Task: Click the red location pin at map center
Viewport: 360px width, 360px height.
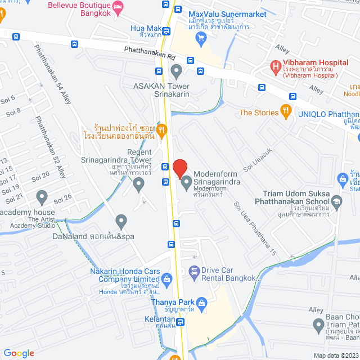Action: pyautogui.click(x=179, y=168)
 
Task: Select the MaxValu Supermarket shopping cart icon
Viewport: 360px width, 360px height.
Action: pyautogui.click(x=201, y=38)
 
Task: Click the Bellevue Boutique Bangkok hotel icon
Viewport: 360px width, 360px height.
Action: pyautogui.click(x=118, y=7)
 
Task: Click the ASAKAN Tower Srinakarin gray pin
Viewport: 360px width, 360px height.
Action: pyautogui.click(x=176, y=71)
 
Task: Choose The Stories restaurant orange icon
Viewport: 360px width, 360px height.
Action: pyautogui.click(x=286, y=111)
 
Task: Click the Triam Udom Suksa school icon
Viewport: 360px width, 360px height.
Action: pyautogui.click(x=336, y=201)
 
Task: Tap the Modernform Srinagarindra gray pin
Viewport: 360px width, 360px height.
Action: pyautogui.click(x=186, y=181)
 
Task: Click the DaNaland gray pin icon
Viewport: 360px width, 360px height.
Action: pyautogui.click(x=121, y=221)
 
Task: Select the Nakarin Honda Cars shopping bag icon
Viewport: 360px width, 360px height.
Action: pyautogui.click(x=166, y=279)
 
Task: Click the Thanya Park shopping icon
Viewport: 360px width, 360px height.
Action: pyautogui.click(x=202, y=304)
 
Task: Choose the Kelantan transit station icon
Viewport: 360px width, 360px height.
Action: pyautogui.click(x=180, y=322)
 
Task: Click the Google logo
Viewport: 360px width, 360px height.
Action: pyautogui.click(x=19, y=353)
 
